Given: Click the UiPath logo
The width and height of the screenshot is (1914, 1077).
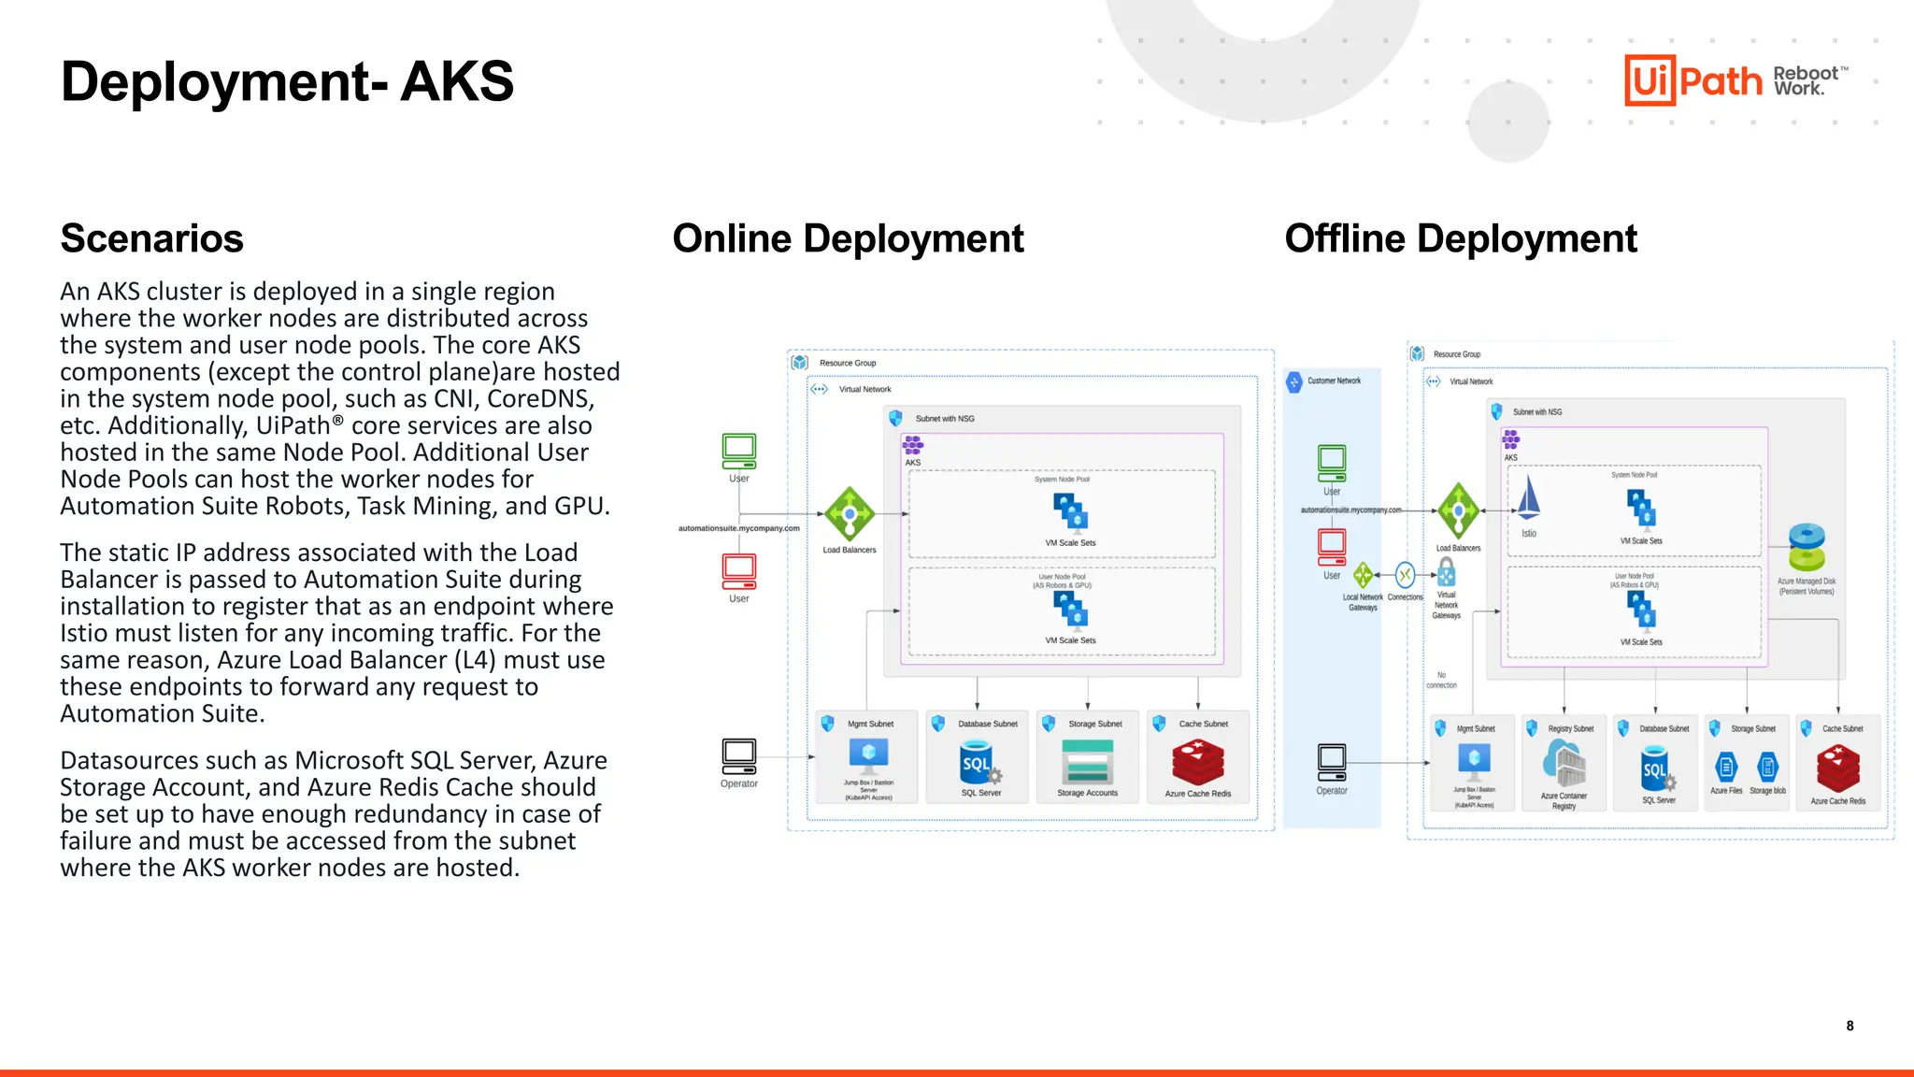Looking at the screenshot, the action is (x=1693, y=80).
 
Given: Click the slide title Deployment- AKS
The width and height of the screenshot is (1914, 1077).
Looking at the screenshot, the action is (x=287, y=81).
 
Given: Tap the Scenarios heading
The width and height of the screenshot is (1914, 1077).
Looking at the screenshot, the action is (x=151, y=238).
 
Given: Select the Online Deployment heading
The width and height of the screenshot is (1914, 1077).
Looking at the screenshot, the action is (x=848, y=238).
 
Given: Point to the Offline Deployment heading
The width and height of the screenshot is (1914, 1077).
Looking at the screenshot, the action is (x=1460, y=238).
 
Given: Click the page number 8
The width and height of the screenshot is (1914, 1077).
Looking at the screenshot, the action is (x=1850, y=1026).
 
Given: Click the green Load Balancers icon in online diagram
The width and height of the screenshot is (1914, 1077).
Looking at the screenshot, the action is (x=849, y=513).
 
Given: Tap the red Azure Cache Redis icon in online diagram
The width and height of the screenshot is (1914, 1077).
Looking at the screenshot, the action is (x=1198, y=761).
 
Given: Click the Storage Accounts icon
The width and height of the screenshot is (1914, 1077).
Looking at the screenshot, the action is (x=1088, y=761).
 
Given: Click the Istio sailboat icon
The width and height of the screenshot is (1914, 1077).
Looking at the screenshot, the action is (x=1528, y=497).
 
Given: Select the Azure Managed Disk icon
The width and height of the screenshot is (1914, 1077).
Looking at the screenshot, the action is (x=1807, y=547).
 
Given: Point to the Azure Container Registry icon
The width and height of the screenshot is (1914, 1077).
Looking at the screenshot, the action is (x=1564, y=764).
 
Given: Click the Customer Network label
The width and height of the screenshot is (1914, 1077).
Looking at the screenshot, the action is (x=1334, y=381).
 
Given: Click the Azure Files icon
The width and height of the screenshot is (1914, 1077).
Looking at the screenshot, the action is (x=1726, y=768).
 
